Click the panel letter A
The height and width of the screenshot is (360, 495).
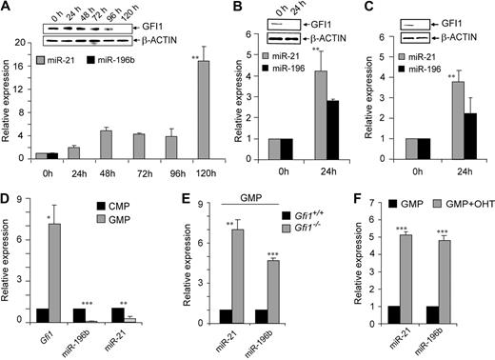click(x=8, y=8)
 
